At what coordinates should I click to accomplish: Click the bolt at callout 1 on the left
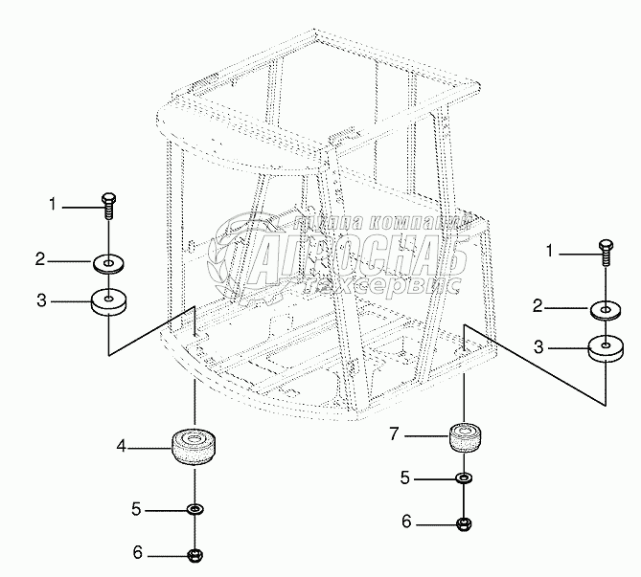107,204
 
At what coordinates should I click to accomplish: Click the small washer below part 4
195,509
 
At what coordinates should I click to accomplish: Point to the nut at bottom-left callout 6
195,554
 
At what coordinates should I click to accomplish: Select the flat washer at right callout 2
605,309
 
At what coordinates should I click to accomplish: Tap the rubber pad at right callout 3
606,348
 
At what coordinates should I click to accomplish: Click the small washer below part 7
464,477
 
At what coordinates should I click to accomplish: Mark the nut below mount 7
464,522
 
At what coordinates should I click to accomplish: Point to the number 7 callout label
394,436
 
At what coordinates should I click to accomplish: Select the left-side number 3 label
41,301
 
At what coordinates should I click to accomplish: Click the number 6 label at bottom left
136,553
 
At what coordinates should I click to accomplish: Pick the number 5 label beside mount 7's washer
405,476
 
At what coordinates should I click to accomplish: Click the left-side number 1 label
55,203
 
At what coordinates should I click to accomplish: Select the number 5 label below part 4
136,509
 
